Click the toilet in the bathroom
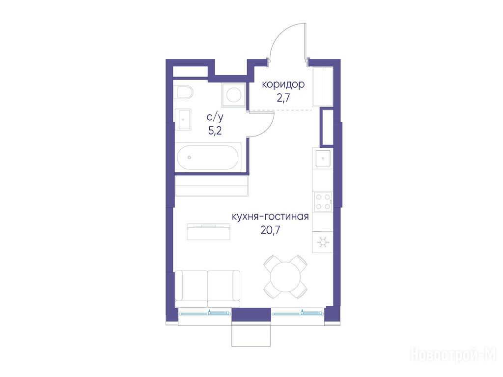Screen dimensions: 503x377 pyautogui.click(x=185, y=92)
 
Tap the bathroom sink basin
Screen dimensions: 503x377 pyautogui.click(x=183, y=119)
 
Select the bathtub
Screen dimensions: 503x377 pyautogui.click(x=208, y=158)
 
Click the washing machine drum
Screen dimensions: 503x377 pyautogui.click(x=234, y=95)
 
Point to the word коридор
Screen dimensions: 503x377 pyautogui.click(x=283, y=84)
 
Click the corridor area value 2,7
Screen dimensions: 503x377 pyautogui.click(x=283, y=98)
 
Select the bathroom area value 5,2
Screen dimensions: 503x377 pyautogui.click(x=215, y=131)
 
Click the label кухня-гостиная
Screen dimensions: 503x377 pyautogui.click(x=271, y=216)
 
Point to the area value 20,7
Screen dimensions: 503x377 pyautogui.click(x=271, y=230)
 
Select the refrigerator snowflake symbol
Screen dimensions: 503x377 pyautogui.click(x=323, y=242)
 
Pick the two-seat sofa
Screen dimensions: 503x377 pyautogui.click(x=208, y=289)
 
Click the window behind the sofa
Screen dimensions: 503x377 pyautogui.click(x=204, y=313)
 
